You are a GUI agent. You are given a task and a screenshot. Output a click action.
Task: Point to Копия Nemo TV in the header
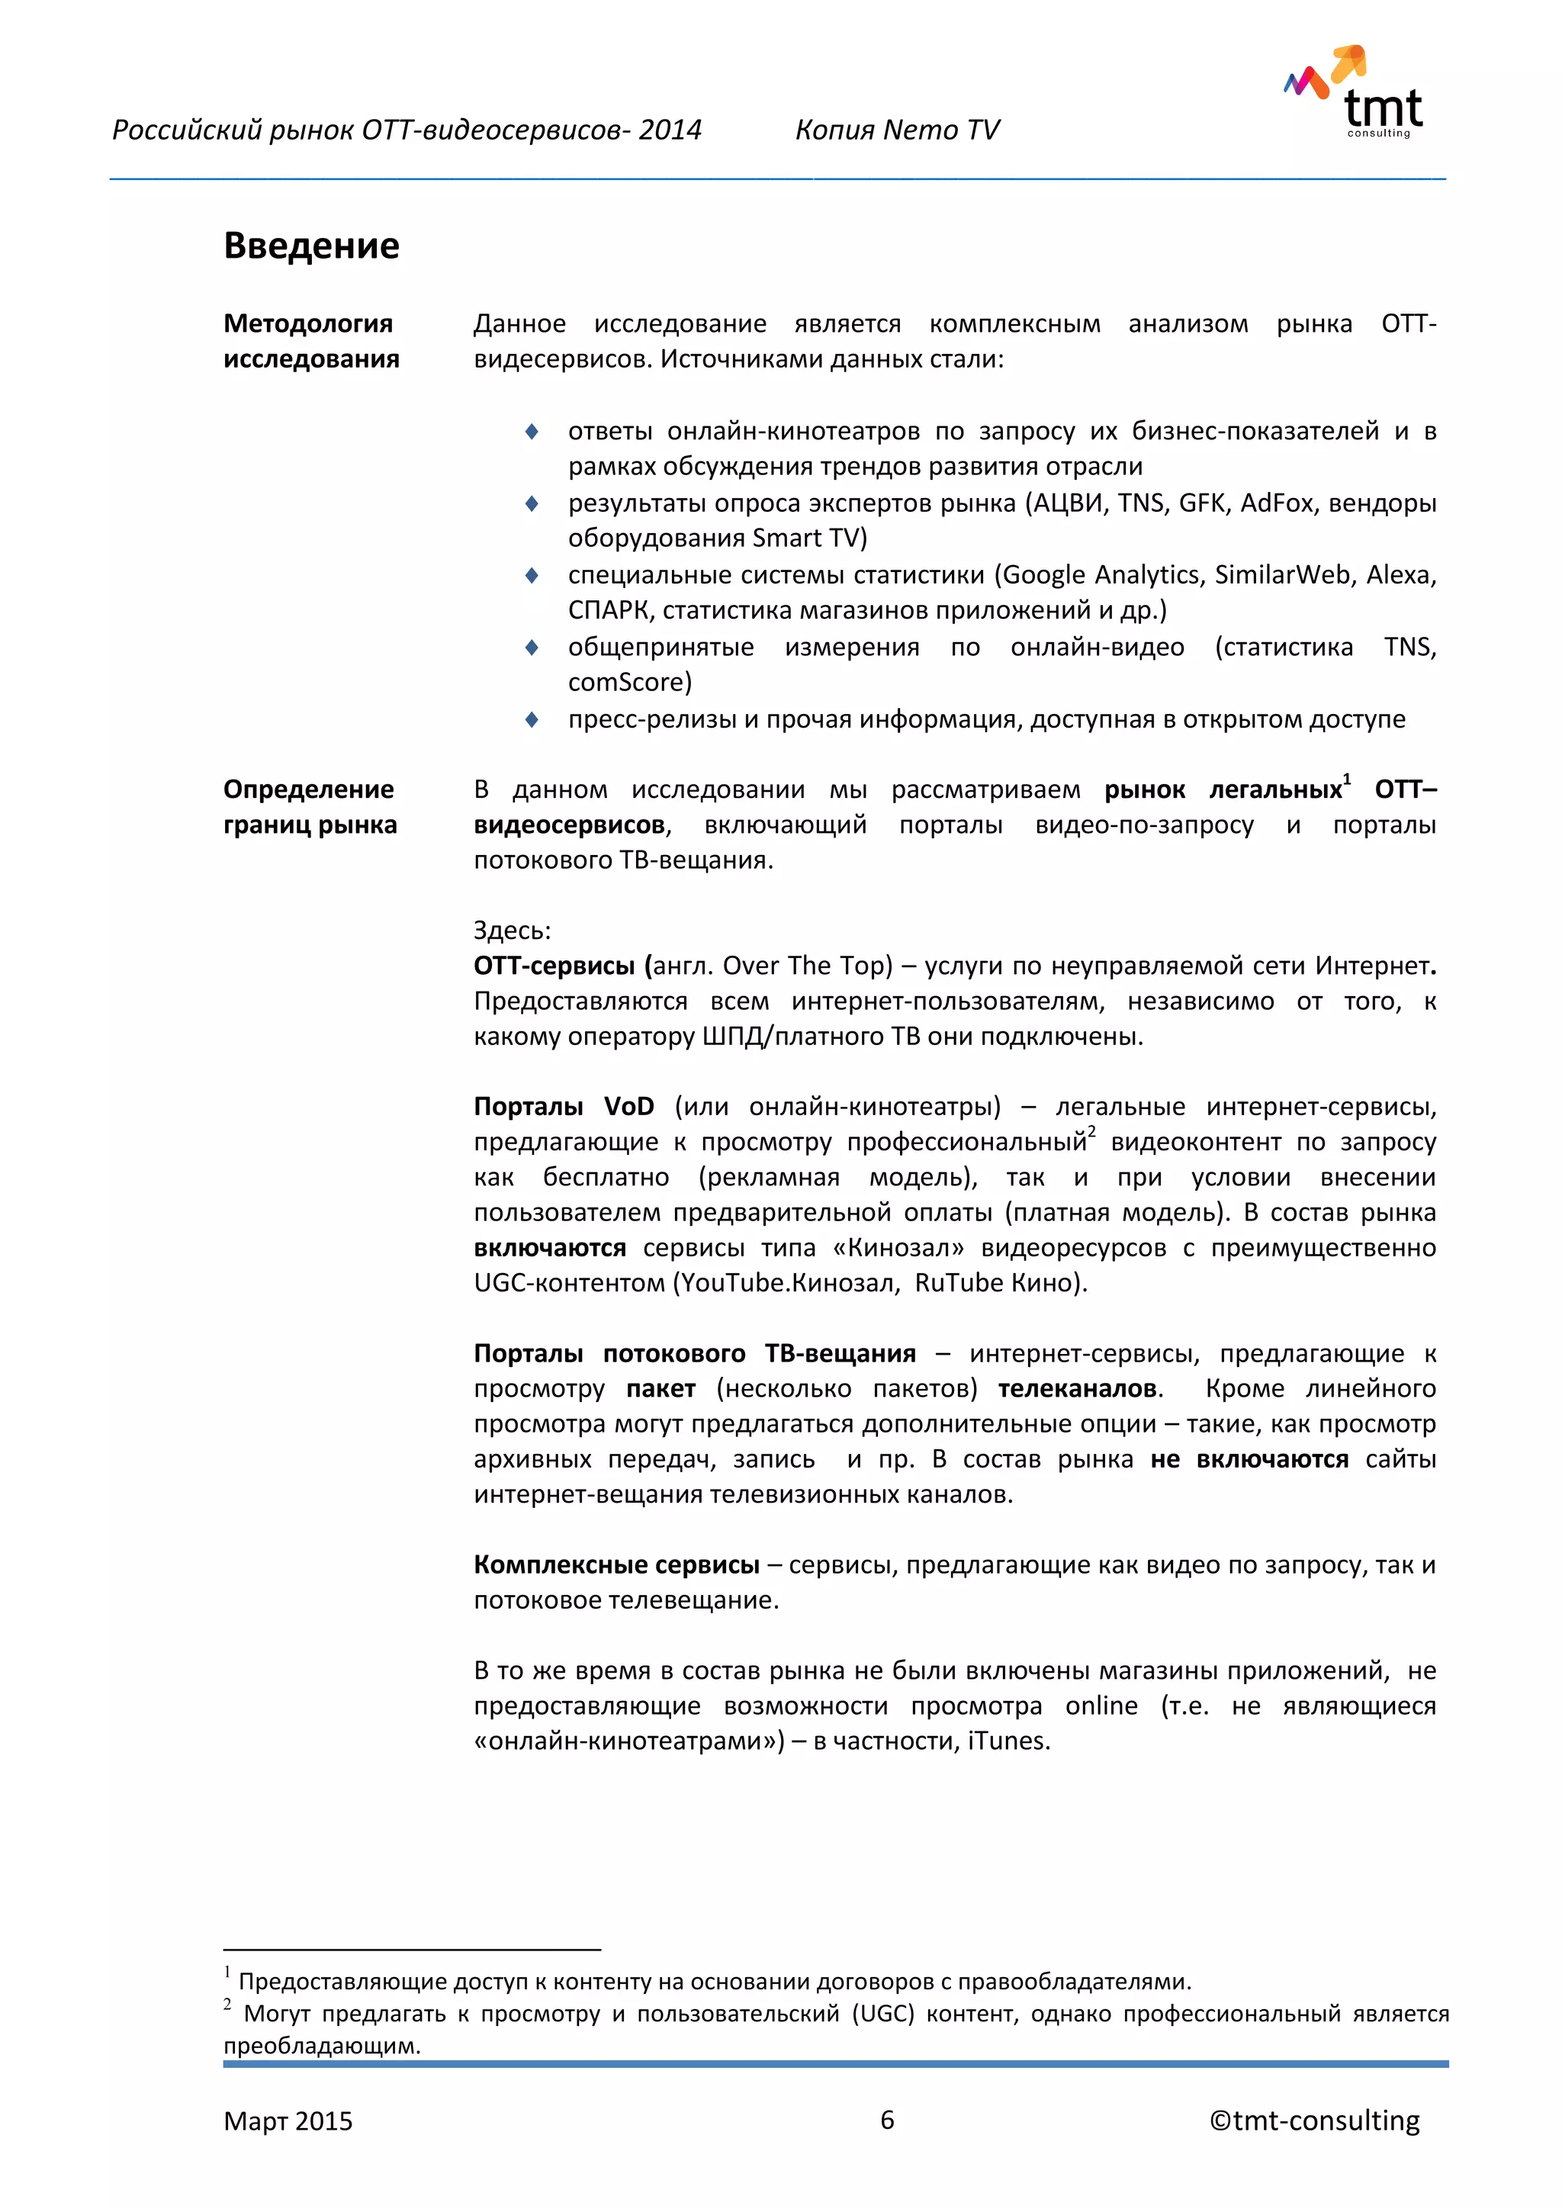tap(896, 130)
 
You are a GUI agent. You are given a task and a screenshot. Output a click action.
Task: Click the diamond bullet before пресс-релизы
tap(532, 719)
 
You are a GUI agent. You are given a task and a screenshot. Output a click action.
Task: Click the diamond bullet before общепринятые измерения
tap(532, 647)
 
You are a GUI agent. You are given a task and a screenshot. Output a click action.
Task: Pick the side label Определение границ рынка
tap(310, 806)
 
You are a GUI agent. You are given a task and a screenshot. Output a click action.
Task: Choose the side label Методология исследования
tap(310, 341)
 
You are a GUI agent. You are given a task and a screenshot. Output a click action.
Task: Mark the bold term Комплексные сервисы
tap(616, 1564)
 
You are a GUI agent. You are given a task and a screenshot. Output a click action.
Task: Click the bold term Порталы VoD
tap(564, 1107)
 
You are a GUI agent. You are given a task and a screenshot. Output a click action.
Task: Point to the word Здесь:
tap(512, 931)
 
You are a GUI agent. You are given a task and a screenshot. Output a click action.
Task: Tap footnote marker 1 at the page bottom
tap(228, 1973)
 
